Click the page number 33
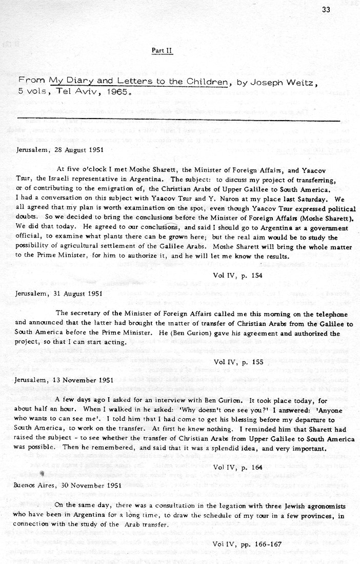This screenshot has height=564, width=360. [x=326, y=9]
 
